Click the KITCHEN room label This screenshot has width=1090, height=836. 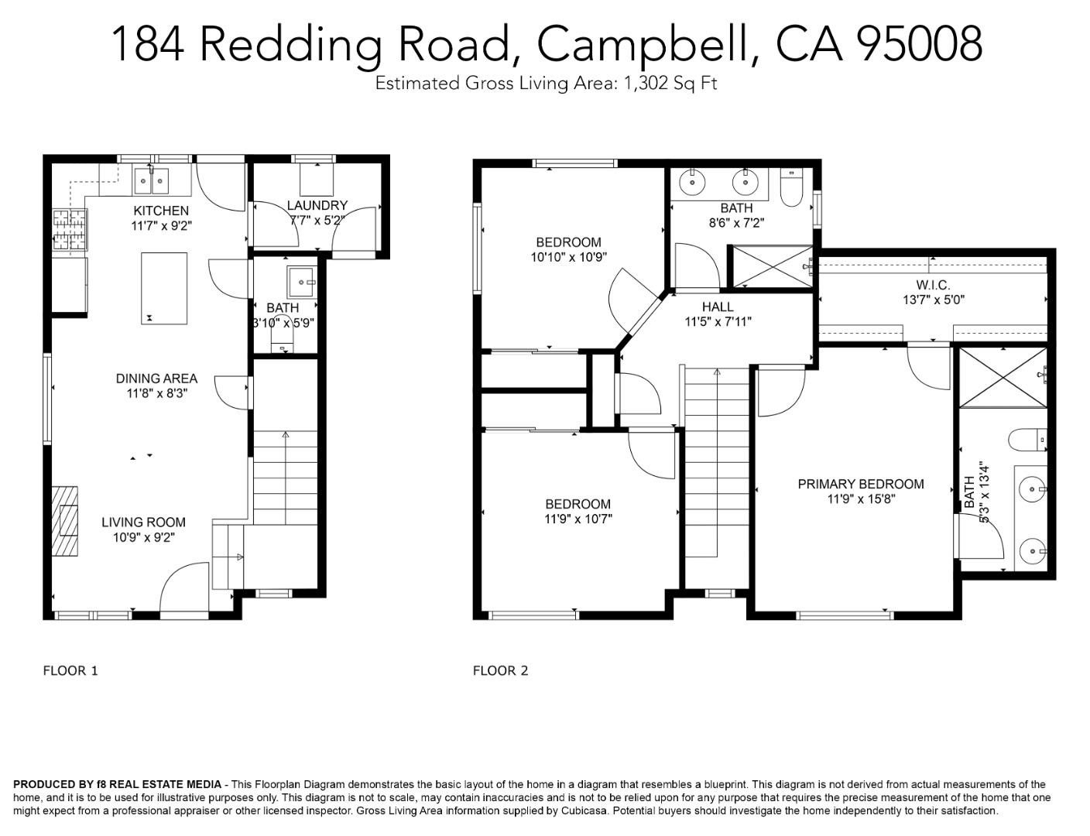coord(161,211)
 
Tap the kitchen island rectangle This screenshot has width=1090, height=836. coord(164,288)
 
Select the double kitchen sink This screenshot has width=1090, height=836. coord(151,182)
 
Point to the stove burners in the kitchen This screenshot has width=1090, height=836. coord(69,231)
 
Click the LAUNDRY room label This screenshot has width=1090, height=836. coord(317,205)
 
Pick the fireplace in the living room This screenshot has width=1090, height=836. coord(66,520)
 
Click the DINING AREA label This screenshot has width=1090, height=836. coord(156,379)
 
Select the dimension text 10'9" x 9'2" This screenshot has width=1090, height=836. coord(144,537)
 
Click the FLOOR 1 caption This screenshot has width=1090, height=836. coord(70,670)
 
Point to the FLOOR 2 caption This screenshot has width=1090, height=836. coord(500,670)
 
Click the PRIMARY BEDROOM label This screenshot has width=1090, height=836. coord(861,484)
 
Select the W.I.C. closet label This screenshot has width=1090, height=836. coord(933,285)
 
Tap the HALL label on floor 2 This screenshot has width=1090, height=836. coord(718,307)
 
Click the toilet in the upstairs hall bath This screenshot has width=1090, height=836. coord(791,188)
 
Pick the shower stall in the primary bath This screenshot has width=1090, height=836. coord(1003,378)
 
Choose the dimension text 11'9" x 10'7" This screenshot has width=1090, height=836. coord(578,519)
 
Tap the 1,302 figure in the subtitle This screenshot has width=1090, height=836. coord(646,84)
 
